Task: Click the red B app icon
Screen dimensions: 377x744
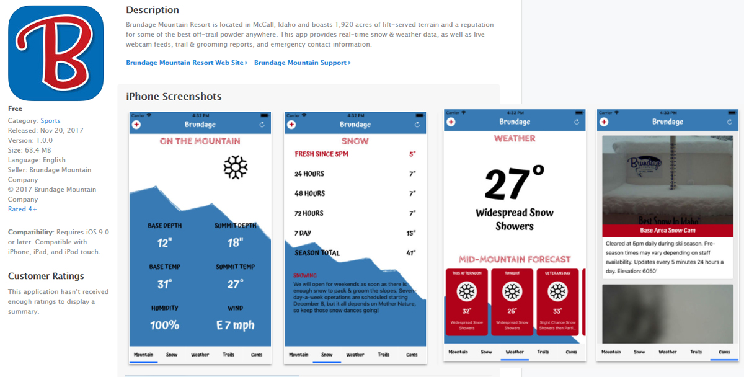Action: tap(56, 53)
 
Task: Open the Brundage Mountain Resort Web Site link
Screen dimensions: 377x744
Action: tap(185, 63)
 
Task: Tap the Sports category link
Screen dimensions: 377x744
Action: tap(50, 121)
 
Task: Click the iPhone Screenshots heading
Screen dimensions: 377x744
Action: tap(174, 97)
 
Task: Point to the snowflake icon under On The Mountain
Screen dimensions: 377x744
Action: tap(236, 167)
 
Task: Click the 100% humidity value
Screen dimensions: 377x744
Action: tap(165, 325)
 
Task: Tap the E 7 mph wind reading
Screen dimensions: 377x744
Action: tap(235, 325)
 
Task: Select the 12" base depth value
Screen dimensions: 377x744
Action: tap(164, 241)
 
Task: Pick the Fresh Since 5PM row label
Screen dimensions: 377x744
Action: tap(321, 154)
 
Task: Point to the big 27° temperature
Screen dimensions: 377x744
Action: tap(515, 184)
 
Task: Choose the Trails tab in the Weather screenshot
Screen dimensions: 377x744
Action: tap(543, 352)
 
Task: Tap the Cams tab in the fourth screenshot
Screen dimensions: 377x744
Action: tap(724, 352)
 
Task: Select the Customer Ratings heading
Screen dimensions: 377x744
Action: tap(46, 277)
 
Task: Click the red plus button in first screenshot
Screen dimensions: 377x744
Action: tap(136, 125)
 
